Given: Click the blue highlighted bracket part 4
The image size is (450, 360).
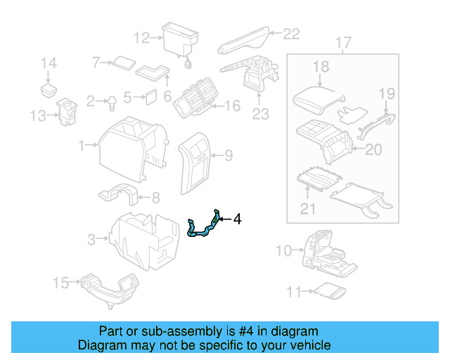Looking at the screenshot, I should click(203, 227).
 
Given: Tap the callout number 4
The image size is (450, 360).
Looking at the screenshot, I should click(237, 220).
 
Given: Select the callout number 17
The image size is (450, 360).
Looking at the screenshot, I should click(342, 44).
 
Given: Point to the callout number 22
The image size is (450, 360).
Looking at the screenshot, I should click(291, 33).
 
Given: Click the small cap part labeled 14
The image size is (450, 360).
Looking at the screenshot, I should click(49, 89).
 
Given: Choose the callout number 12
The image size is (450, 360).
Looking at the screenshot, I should click(141, 38).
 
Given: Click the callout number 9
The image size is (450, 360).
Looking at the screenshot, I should click(228, 155).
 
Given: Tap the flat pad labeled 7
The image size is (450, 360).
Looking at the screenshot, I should click(124, 63).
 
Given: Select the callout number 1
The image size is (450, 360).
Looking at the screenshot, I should click(81, 146).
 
